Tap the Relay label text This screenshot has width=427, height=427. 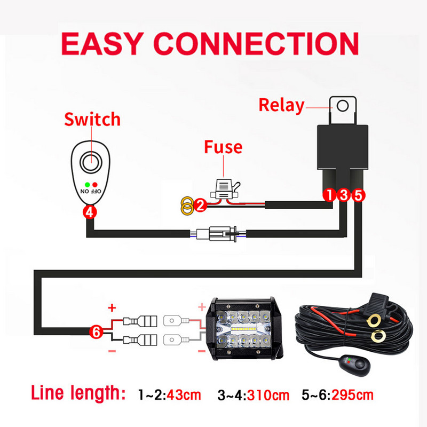(281, 105)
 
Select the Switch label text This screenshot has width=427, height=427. (92, 119)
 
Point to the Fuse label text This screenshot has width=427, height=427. (223, 147)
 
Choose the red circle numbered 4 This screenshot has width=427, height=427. (90, 211)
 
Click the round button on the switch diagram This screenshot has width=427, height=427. (90, 161)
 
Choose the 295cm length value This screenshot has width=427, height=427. (352, 396)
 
